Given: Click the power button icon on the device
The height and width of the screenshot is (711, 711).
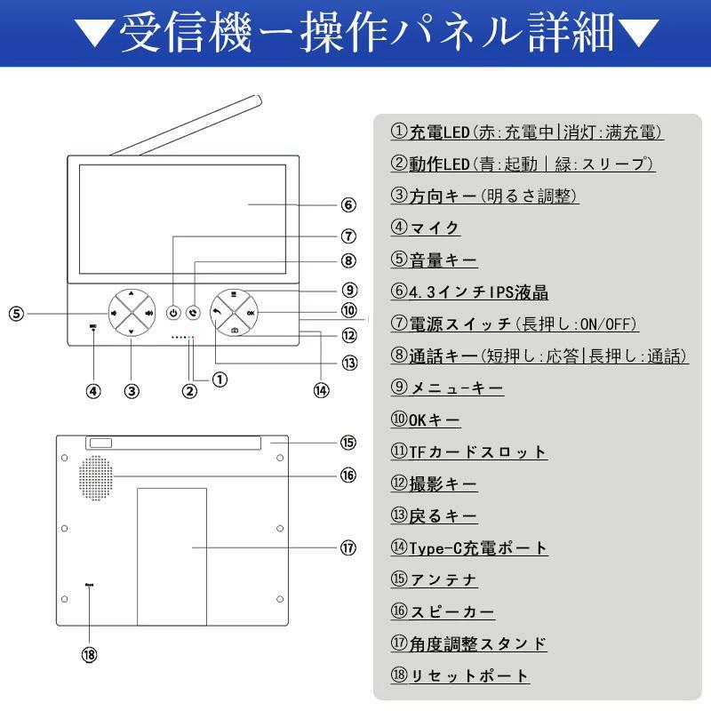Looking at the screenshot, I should click(173, 313).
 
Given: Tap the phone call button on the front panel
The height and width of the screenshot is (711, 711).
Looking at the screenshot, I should click(193, 313).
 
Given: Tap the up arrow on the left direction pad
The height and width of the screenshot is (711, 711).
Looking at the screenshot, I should click(132, 293).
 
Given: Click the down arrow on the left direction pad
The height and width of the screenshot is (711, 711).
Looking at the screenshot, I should click(132, 332).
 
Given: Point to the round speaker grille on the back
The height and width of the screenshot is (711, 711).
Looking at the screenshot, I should click(99, 477).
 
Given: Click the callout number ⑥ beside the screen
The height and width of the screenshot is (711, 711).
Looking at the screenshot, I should click(348, 205).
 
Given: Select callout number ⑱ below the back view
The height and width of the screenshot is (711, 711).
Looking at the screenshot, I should click(89, 655).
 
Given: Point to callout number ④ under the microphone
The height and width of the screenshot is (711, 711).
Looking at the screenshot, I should click(93, 390).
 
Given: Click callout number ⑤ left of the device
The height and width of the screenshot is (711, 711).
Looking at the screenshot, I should click(17, 313).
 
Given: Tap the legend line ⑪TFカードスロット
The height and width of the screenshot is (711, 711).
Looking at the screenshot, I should click(468, 451).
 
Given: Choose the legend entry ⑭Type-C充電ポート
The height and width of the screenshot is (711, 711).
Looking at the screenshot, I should click(469, 547).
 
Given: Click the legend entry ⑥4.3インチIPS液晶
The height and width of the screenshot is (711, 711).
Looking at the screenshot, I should click(468, 292).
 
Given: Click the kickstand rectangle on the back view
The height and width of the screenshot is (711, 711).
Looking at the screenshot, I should click(172, 555).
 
